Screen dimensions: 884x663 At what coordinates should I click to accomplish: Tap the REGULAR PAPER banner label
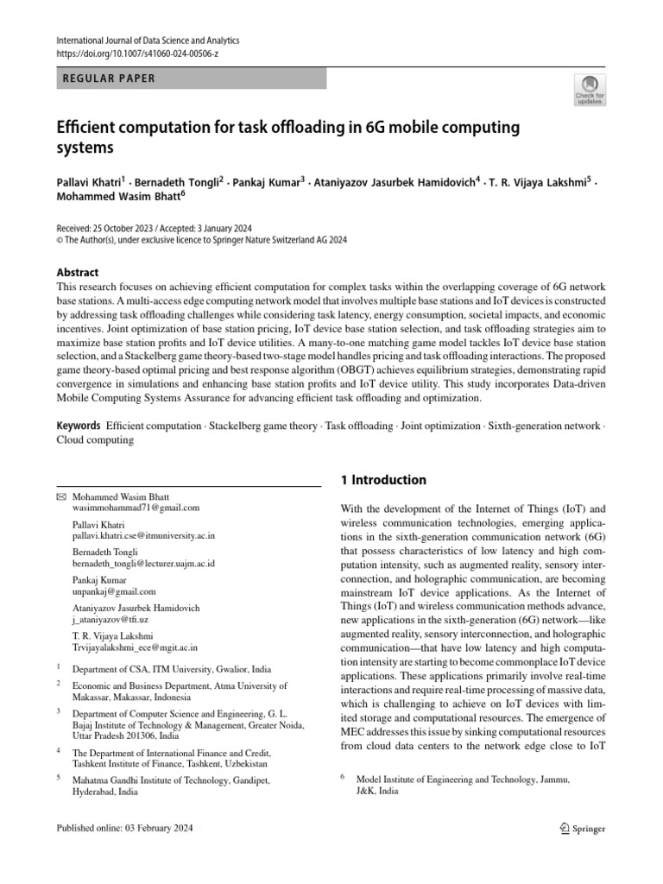(110, 79)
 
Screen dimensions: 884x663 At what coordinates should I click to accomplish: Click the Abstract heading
(78, 271)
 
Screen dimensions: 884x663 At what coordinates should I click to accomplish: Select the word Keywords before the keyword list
(79, 426)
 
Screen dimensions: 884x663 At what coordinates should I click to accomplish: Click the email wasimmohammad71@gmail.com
(136, 508)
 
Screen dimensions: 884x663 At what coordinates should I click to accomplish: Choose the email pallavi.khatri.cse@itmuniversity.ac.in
(143, 535)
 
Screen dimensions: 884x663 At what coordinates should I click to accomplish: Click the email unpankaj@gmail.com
(114, 591)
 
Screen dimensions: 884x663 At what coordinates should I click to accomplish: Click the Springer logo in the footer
(582, 829)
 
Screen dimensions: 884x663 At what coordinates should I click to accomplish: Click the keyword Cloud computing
(95, 439)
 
